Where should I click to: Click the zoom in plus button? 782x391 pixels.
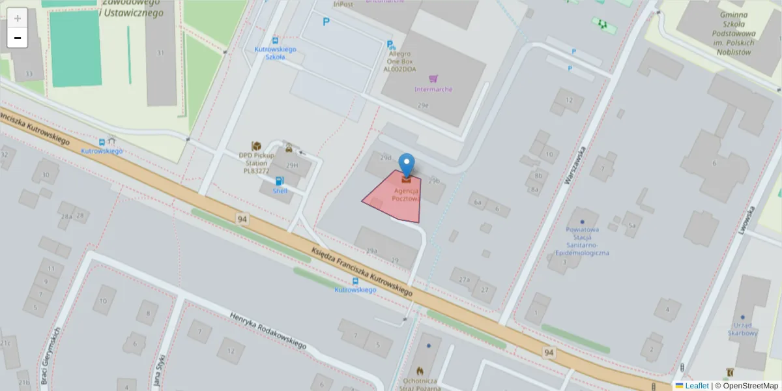[18, 18]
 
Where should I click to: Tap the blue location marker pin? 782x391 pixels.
[407, 164]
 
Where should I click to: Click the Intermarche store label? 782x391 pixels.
[433, 89]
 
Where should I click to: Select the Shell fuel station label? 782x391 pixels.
[280, 191]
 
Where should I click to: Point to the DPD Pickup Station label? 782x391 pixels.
[256, 164]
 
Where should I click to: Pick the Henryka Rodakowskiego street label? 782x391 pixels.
[268, 330]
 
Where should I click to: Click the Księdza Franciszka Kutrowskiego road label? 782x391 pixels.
[362, 270]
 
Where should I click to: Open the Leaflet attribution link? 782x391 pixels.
[696, 386]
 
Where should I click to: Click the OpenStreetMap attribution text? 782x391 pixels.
[750, 386]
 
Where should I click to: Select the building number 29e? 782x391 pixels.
[424, 105]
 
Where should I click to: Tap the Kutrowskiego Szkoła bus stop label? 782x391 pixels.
[276, 53]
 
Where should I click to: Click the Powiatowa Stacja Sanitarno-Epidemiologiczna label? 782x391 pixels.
[581, 240]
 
